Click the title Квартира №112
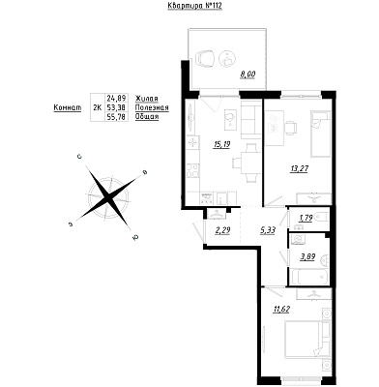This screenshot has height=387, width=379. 195,6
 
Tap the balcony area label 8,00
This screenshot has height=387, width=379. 248,74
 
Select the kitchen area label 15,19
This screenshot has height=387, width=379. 221,145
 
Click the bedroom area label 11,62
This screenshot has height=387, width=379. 281,310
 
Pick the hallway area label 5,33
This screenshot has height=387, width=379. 267,230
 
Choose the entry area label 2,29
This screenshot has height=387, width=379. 222,230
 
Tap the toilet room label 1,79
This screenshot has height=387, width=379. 306,219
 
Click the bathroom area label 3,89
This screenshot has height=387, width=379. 307,257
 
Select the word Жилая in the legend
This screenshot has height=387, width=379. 147,98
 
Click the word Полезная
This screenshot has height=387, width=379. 152,107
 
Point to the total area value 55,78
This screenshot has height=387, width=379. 116,117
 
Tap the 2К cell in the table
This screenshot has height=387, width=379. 97,107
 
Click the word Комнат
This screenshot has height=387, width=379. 68,107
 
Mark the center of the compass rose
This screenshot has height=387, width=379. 108,196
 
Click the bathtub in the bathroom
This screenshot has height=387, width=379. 309,277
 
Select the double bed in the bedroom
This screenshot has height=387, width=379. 304,340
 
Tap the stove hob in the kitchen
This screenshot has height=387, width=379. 193,170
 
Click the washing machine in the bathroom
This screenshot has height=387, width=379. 297,239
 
